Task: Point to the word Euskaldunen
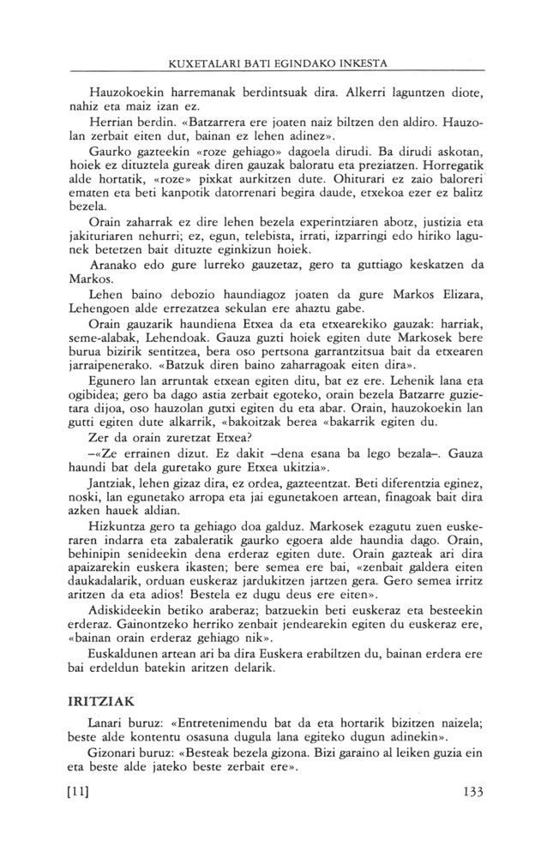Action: (129, 698)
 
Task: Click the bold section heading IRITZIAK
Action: (99, 749)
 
